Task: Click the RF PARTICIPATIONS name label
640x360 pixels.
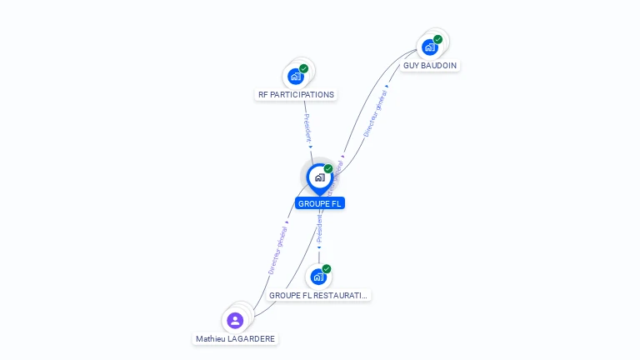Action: coord(296,95)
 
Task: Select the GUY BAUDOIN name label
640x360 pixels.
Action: coord(429,65)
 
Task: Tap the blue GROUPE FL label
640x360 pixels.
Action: coord(320,203)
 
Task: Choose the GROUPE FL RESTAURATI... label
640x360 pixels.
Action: coord(318,296)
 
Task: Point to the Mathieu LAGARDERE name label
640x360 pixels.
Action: coord(235,339)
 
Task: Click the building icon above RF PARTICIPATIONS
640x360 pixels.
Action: coord(295,77)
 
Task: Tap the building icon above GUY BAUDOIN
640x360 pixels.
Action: coord(429,47)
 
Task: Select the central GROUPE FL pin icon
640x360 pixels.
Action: coord(319,177)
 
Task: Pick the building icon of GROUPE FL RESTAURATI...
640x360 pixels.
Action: coord(318,277)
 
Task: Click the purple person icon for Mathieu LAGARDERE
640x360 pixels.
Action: coord(235,320)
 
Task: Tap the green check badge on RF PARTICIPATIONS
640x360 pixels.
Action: coord(304,68)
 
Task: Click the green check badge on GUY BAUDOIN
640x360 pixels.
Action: coord(438,39)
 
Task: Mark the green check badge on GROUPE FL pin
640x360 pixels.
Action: coord(328,169)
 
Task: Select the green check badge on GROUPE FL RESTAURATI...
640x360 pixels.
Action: coord(327,269)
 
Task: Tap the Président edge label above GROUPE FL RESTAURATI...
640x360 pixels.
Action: coord(319,227)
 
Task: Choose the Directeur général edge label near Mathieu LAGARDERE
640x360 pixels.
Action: coord(277,250)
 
